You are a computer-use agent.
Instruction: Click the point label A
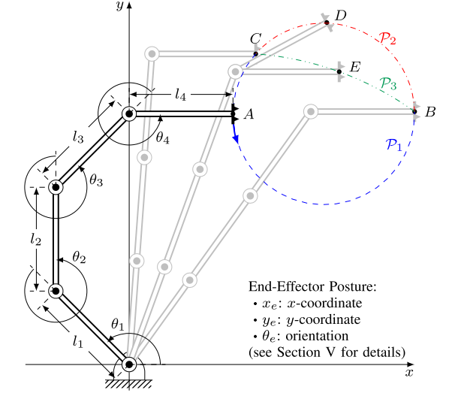[x=250, y=113]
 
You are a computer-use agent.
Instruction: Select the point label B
[x=430, y=112]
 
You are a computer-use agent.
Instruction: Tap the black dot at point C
[x=256, y=53]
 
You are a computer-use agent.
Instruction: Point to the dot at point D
[x=327, y=23]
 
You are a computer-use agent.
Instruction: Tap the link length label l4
[x=181, y=95]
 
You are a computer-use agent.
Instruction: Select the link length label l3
[x=79, y=137]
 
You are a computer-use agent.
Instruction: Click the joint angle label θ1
[x=116, y=325]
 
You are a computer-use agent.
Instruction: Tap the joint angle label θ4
[x=163, y=138]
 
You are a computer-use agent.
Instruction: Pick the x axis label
[x=409, y=371]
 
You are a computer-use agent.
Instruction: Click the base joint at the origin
[x=128, y=364]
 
